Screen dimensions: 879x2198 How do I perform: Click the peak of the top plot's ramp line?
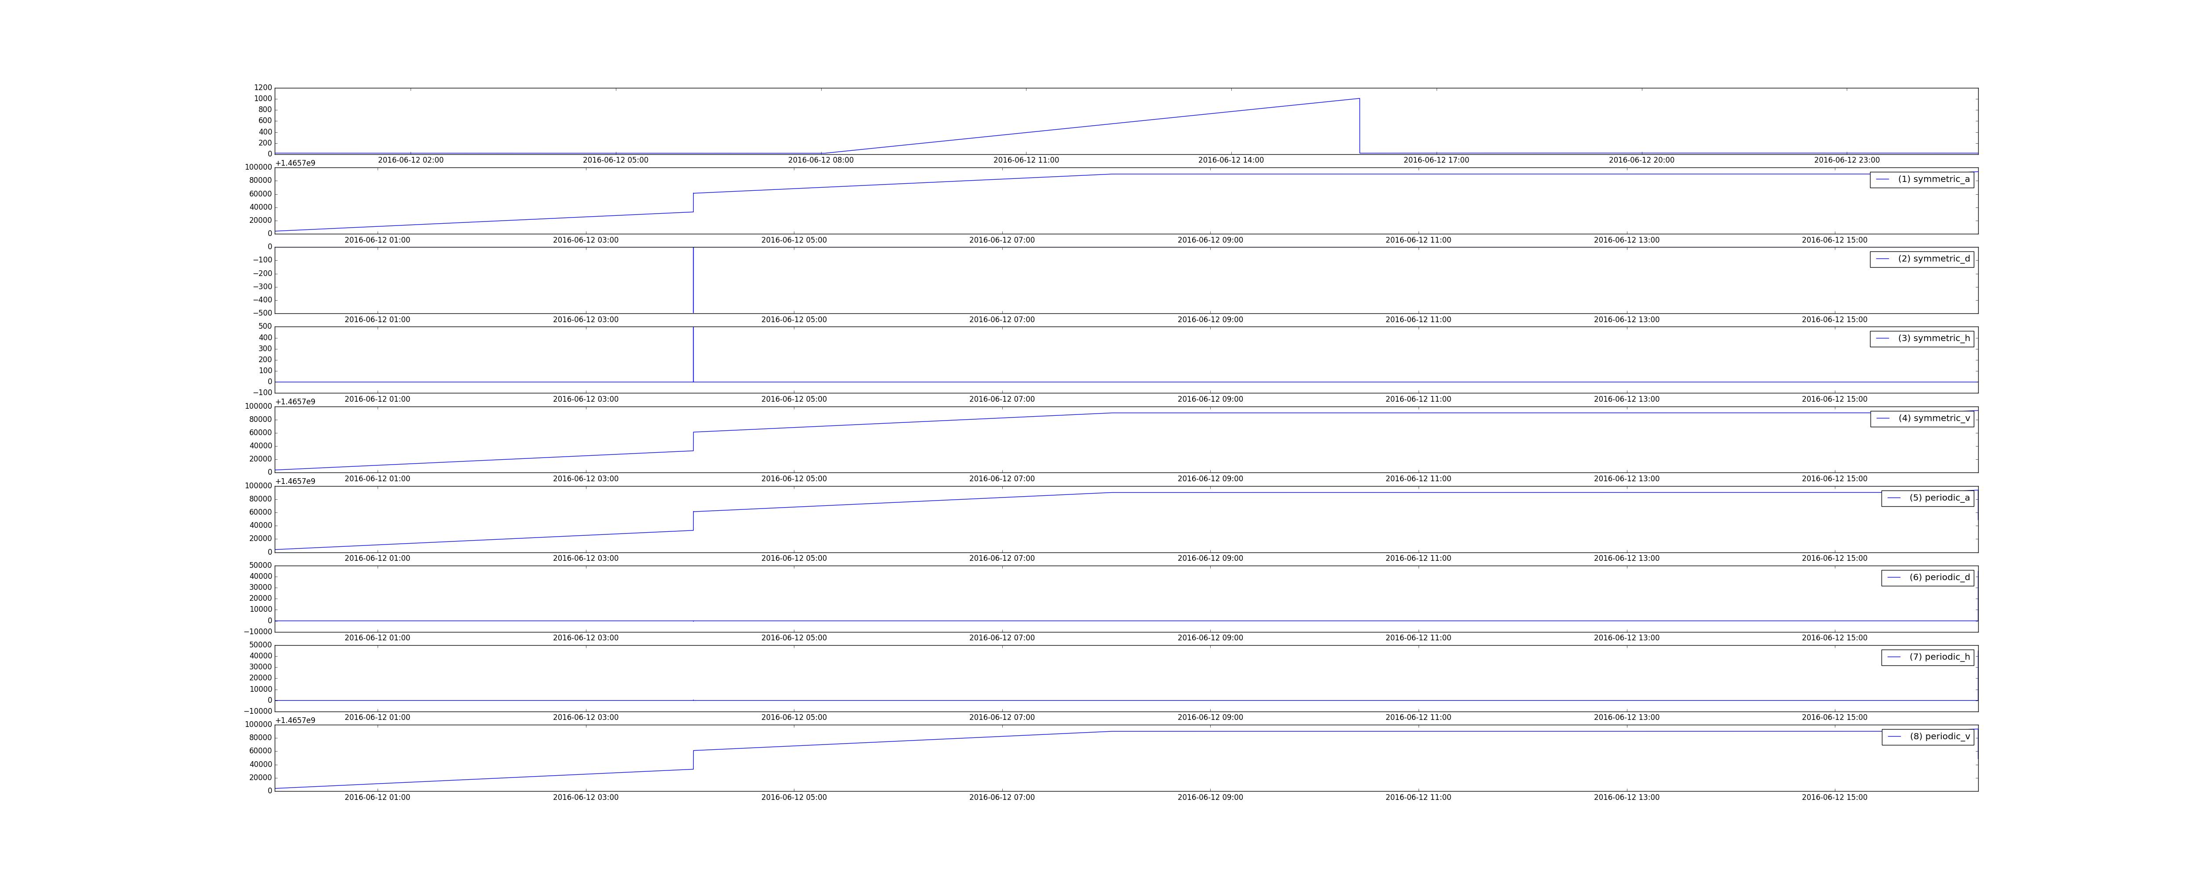(1359, 99)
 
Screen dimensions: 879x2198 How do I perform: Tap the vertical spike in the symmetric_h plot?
(693, 354)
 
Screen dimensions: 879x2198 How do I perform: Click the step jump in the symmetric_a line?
(693, 202)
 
